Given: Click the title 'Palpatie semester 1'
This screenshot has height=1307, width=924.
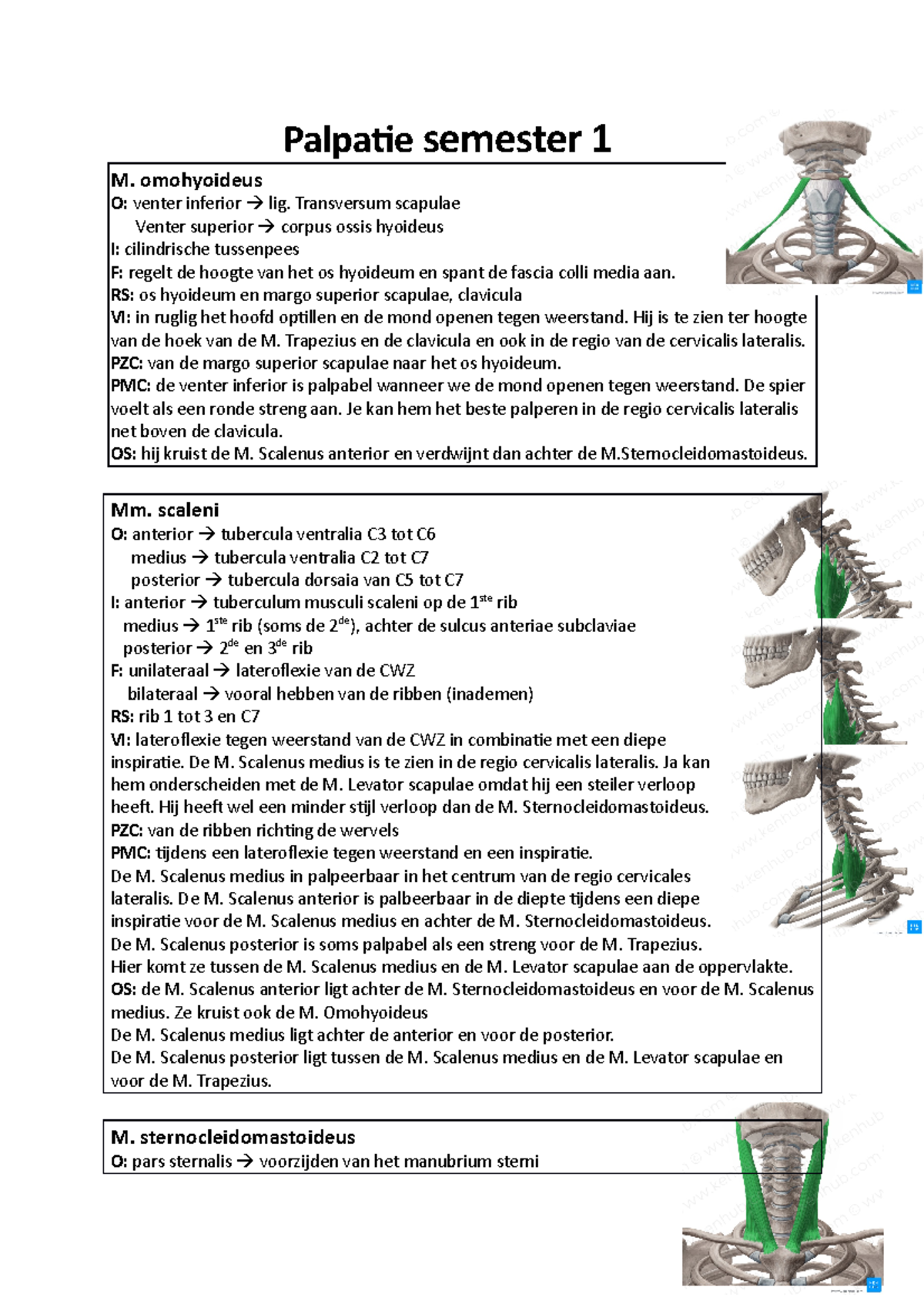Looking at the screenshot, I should (x=447, y=139).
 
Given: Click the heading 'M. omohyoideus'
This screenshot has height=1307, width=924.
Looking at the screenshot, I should (x=186, y=180).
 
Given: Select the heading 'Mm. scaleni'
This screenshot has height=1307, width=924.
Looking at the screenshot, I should (x=165, y=510).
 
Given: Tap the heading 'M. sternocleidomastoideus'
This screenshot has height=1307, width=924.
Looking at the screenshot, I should (x=233, y=1137).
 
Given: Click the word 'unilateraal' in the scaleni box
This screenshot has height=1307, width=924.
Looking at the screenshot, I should (x=168, y=670).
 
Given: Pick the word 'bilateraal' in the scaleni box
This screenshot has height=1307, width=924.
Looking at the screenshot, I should (x=162, y=694).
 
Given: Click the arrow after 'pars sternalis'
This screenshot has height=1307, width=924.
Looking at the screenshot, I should (x=245, y=1161).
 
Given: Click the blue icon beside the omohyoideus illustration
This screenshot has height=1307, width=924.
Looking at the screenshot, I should (x=914, y=286).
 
